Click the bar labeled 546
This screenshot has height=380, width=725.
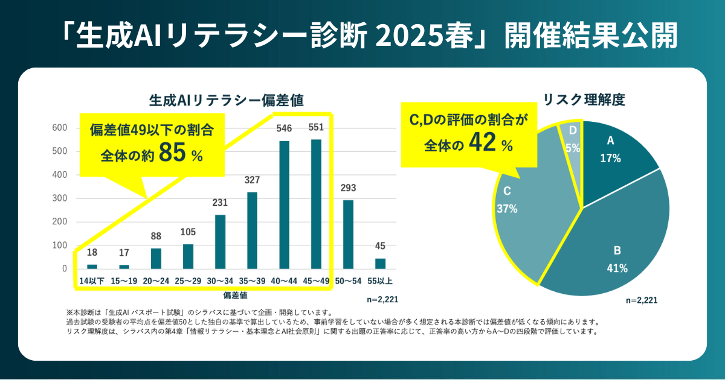click(284, 205)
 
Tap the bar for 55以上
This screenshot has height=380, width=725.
click(381, 264)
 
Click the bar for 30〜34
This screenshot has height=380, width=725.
click(220, 241)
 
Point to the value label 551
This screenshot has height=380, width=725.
click(316, 128)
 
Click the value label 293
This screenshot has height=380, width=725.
click(349, 188)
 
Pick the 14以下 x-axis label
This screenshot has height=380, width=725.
click(92, 280)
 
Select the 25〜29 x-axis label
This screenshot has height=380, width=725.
click(188, 280)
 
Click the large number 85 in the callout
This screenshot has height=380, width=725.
click(172, 153)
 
